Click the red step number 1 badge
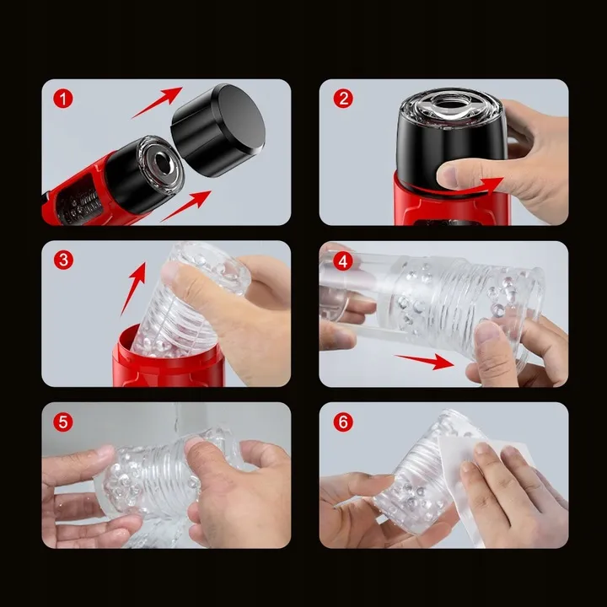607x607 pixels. (x=62, y=99)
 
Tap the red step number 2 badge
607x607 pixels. (x=343, y=99)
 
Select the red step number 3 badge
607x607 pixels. (x=63, y=260)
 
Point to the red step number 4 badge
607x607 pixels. (x=343, y=261)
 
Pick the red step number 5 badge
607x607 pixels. (x=63, y=422)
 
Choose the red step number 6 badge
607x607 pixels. (x=343, y=422)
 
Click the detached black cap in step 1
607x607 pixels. (x=218, y=130)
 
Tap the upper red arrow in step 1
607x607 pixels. (x=157, y=103)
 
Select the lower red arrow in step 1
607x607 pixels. (x=185, y=206)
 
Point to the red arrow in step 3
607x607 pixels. (x=133, y=288)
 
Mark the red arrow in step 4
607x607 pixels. (x=425, y=361)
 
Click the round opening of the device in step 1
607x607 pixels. (x=161, y=160)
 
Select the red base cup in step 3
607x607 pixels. (x=169, y=360)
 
